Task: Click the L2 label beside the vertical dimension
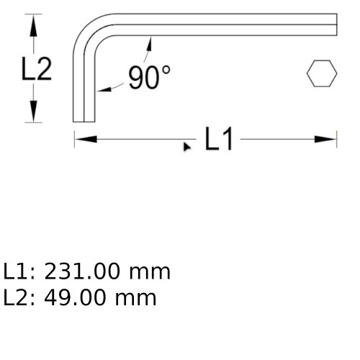[36, 69]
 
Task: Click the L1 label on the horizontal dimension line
[219, 139]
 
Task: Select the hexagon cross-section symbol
[321, 73]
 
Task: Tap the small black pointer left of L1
[187, 146]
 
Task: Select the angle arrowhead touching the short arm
[102, 89]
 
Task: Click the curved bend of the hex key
[90, 29]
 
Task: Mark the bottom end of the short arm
[85, 120]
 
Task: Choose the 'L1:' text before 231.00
[20, 272]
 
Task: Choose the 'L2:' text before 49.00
[20, 297]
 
